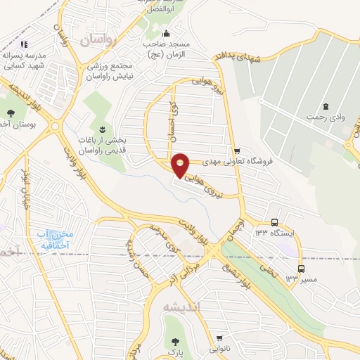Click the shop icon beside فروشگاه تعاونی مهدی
click(x=238, y=150)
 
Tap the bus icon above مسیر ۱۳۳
click(x=302, y=269)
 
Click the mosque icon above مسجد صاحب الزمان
click(x=166, y=34)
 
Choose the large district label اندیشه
click(x=181, y=307)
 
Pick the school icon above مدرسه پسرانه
click(x=25, y=45)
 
